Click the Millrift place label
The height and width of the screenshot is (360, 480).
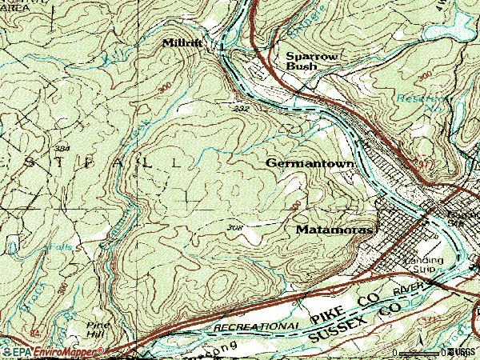pyautogui.click(x=182, y=42)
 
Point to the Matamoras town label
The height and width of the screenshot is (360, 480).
pyautogui.click(x=334, y=230)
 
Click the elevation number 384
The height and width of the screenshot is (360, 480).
pyautogui.click(x=62, y=150)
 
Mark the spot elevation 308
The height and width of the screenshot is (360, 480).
pyautogui.click(x=234, y=228)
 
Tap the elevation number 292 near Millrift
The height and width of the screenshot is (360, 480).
pyautogui.click(x=242, y=108)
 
